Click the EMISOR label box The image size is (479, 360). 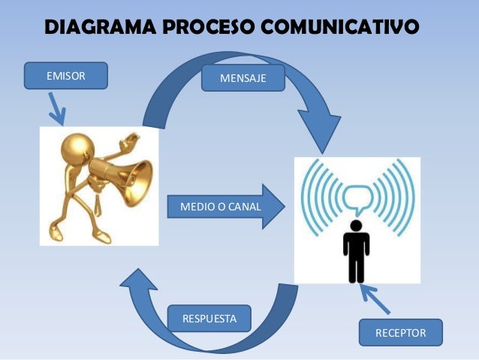tap(66, 76)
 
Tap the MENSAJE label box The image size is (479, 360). tap(243, 78)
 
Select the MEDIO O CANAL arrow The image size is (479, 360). tap(221, 206)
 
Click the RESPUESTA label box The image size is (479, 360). tap(209, 319)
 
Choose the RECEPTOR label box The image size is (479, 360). tap(400, 332)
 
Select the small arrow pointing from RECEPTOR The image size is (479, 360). tap(375, 298)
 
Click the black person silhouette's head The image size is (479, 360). tap(357, 225)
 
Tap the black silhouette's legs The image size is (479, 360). tap(357, 267)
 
